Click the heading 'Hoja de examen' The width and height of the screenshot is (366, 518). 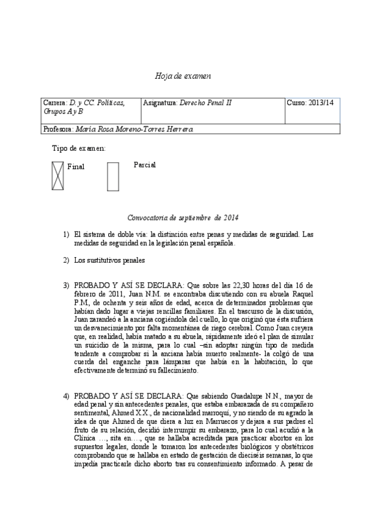click(183, 75)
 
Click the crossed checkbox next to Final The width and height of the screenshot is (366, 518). click(57, 175)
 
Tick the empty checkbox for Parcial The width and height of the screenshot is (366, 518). click(112, 177)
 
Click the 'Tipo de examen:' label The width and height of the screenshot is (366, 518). click(78, 148)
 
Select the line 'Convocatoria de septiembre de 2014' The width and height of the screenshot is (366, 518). click(183, 218)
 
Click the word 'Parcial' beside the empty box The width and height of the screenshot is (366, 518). click(145, 165)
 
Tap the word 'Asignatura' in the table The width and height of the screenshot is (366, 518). click(159, 103)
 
